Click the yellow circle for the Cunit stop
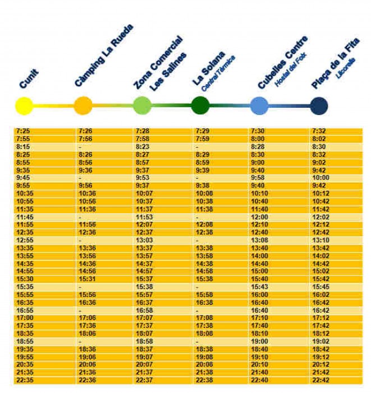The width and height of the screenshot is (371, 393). (24, 106)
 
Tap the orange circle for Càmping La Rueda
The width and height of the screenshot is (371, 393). (83, 106)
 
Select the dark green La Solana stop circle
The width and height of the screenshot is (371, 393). (200, 106)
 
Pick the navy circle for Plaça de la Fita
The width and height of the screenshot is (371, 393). (318, 106)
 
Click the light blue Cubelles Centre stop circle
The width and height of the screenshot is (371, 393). (259, 106)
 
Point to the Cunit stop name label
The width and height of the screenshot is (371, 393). (29, 78)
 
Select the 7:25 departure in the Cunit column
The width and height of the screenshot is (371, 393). (24, 131)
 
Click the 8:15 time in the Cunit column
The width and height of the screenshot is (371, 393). (24, 147)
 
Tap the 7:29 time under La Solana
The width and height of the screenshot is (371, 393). (202, 131)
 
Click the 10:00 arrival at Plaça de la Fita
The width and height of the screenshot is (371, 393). (320, 178)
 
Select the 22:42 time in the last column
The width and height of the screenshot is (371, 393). (320, 380)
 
